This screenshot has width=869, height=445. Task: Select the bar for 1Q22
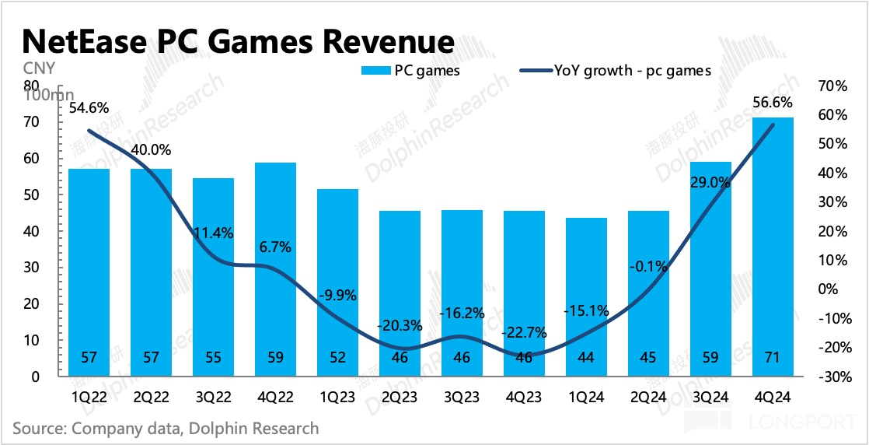tap(89, 272)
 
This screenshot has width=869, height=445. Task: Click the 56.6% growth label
tap(773, 102)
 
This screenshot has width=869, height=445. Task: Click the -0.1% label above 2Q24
tap(649, 266)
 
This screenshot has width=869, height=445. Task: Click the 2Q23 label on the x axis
tap(400, 396)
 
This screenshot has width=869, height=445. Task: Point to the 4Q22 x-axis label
tap(275, 396)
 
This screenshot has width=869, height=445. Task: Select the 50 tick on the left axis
tap(32, 194)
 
